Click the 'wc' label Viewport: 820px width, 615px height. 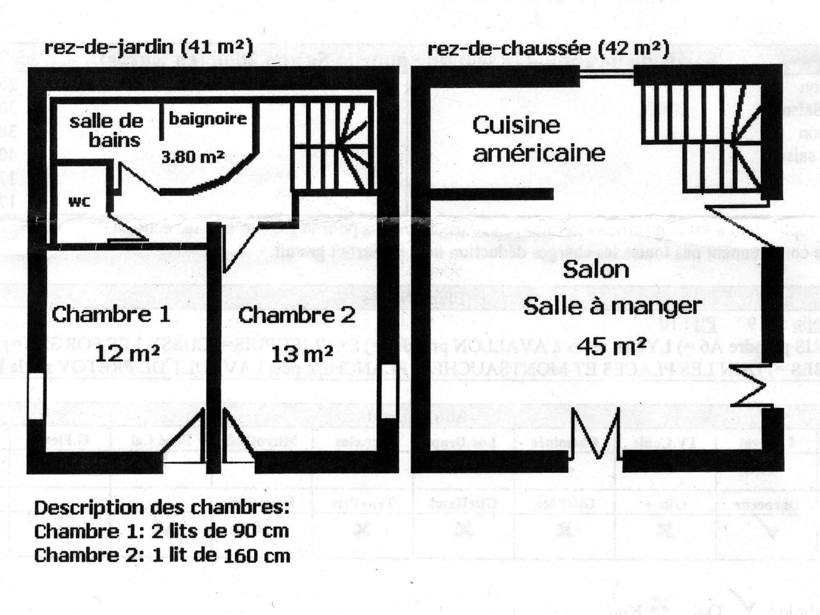[x=79, y=202]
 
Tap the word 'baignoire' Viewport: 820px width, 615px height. [x=208, y=119]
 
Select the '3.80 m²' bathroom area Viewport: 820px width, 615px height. [x=193, y=157]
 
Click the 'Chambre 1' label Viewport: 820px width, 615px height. [x=111, y=315]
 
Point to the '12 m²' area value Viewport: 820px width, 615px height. [x=127, y=354]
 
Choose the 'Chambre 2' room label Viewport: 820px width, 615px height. [x=296, y=315]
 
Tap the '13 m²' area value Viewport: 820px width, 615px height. [x=301, y=354]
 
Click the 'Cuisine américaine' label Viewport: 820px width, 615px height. [x=538, y=139]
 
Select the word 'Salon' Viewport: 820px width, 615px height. [x=596, y=270]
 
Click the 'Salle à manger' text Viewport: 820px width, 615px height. [x=612, y=306]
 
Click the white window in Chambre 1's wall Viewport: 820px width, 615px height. [x=36, y=396]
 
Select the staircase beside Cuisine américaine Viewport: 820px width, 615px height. [x=701, y=137]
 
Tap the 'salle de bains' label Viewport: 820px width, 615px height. [x=107, y=131]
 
